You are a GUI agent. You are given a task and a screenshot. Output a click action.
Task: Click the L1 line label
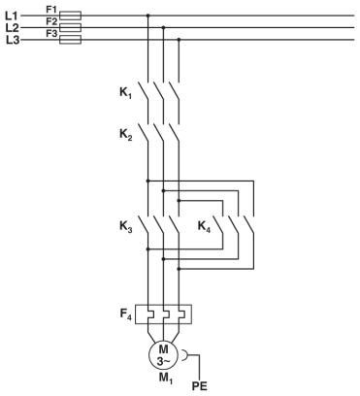(x=13, y=16)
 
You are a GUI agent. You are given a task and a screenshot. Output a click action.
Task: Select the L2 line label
(x=13, y=28)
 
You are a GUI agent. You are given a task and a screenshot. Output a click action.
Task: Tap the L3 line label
(x=13, y=40)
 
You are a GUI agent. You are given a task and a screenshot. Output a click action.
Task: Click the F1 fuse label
(x=52, y=9)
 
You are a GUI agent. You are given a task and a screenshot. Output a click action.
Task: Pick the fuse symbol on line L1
(x=70, y=16)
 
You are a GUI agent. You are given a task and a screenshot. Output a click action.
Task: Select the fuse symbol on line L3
(x=70, y=40)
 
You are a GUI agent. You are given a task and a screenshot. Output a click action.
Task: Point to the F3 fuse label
(x=52, y=33)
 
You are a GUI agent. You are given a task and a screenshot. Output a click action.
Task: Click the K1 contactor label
(x=115, y=95)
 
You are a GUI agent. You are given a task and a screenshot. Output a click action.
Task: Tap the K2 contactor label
(x=115, y=138)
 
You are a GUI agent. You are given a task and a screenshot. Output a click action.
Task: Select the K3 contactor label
(x=115, y=228)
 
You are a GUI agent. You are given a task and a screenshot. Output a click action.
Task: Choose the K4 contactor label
(x=205, y=227)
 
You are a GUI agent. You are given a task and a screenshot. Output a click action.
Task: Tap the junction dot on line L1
(x=147, y=16)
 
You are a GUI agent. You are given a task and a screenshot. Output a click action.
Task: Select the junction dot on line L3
(x=179, y=40)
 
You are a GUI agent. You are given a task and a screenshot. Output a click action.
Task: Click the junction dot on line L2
(x=163, y=28)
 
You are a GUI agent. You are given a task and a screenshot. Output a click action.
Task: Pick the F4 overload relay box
(x=163, y=316)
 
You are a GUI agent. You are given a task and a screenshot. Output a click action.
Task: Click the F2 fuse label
(x=52, y=21)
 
